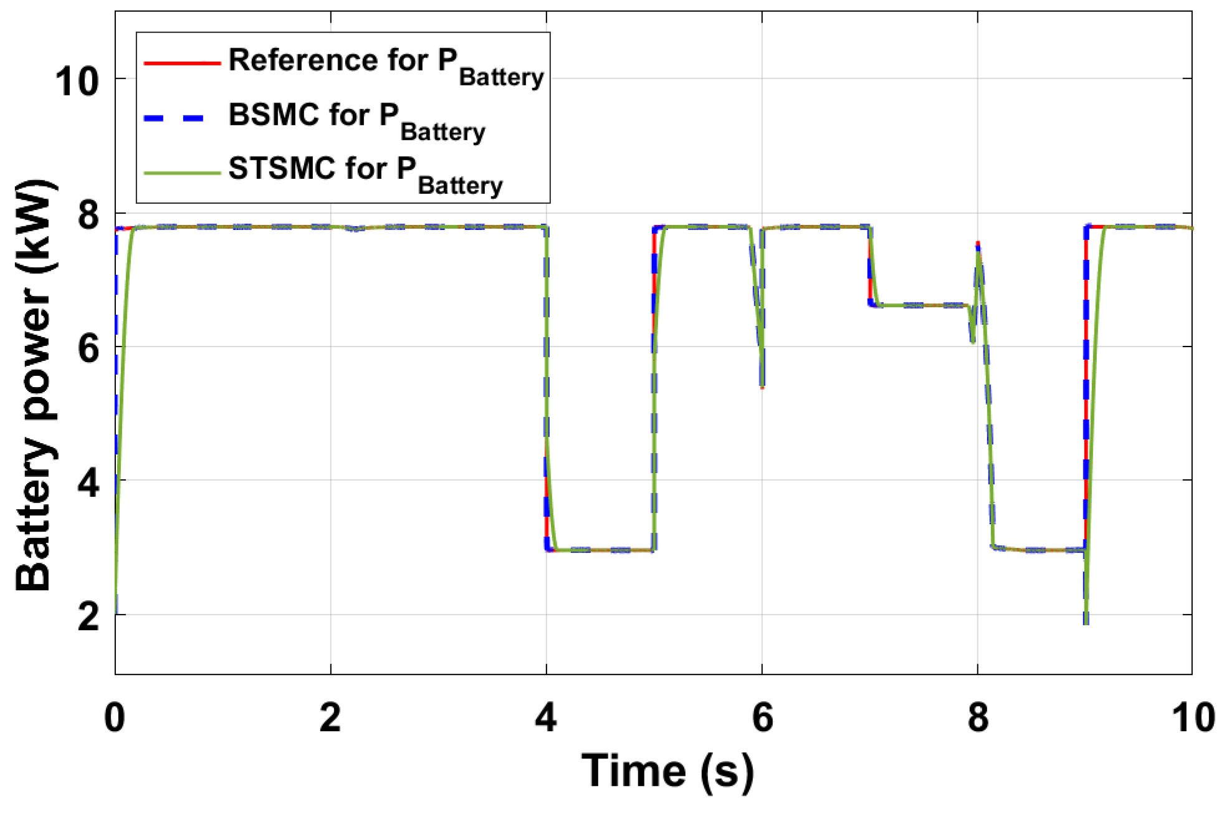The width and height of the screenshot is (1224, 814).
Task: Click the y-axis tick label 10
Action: tap(77, 82)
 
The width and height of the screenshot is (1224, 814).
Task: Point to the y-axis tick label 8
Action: tap(88, 215)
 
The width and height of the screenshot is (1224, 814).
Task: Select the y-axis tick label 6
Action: tap(88, 349)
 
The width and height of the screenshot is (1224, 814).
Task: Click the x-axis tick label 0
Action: tap(115, 717)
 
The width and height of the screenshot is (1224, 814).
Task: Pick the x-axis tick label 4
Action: tap(546, 717)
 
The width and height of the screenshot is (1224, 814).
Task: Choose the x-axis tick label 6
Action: tap(762, 717)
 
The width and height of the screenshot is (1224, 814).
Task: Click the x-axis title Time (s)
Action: tap(667, 772)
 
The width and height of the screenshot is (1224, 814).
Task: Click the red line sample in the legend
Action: tap(182, 64)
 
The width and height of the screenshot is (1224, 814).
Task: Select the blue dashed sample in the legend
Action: tap(175, 118)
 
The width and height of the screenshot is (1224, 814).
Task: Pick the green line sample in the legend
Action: tap(182, 172)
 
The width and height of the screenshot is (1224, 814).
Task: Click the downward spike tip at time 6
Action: tap(762, 386)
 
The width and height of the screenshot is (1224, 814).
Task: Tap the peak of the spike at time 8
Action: tap(977, 244)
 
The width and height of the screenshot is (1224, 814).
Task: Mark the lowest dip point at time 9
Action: tap(1086, 621)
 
